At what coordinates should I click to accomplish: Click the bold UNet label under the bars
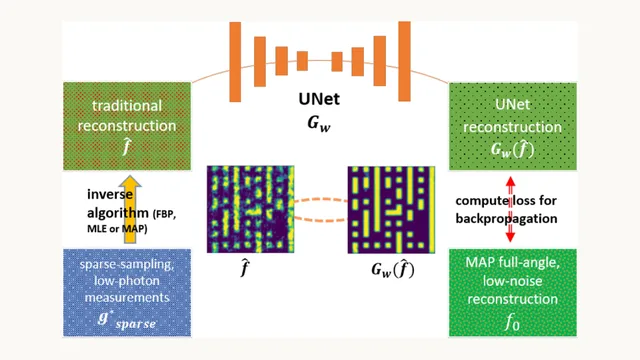(319, 99)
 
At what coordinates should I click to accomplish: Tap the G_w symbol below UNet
(319, 124)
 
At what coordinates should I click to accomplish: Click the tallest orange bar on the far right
(404, 61)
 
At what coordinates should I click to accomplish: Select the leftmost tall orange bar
(235, 62)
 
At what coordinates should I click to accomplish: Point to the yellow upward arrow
(130, 209)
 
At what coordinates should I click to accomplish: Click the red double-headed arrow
(510, 209)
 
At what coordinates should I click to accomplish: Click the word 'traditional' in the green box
(127, 106)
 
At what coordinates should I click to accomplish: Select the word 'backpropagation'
(506, 219)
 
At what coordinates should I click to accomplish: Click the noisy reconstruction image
(250, 209)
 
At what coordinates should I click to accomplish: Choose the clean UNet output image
(391, 209)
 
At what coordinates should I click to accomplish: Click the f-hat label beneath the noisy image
(244, 268)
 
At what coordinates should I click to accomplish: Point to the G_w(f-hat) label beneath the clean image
(393, 270)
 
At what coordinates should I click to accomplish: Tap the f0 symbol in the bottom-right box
(512, 322)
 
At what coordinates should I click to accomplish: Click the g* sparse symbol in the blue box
(127, 320)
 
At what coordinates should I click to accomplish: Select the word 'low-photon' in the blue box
(127, 281)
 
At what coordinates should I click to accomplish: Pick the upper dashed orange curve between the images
(320, 200)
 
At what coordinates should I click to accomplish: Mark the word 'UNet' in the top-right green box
(513, 104)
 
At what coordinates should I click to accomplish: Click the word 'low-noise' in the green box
(512, 281)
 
